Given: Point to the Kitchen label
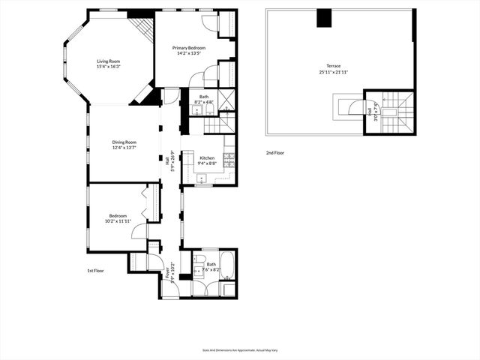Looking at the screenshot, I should pos(207,157).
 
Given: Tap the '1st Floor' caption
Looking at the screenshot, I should pos(96,270).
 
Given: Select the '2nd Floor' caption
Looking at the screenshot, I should pos(275,152).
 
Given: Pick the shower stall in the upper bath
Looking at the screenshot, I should pos(226,99).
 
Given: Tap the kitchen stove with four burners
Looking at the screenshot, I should pos(229,158).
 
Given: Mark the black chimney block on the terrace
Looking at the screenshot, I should pos(324,18).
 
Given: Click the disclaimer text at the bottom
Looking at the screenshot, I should pos(239,349).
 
